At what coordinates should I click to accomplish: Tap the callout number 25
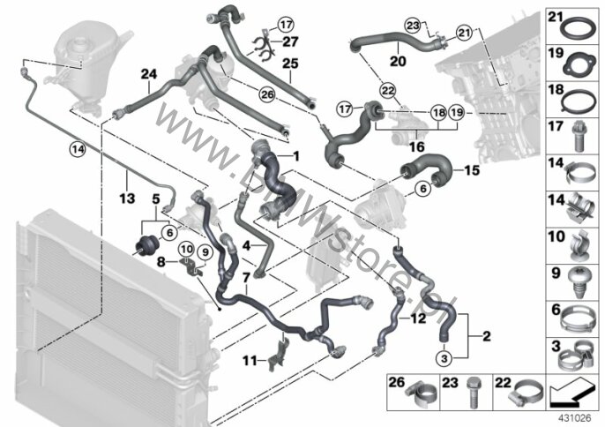[290, 62]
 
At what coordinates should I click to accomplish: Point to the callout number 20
[398, 62]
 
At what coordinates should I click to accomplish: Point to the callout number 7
[246, 277]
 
